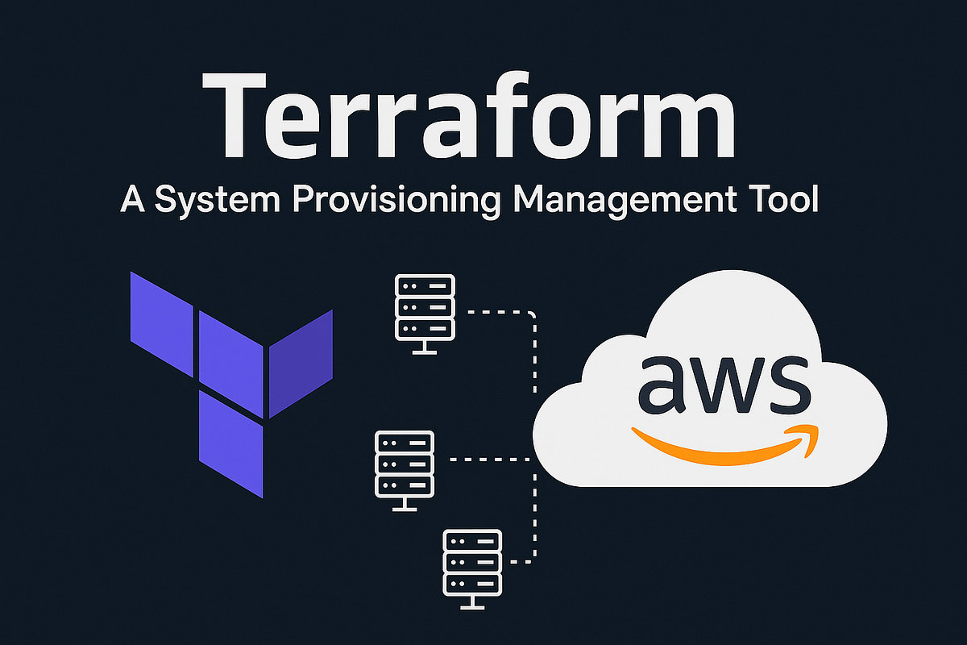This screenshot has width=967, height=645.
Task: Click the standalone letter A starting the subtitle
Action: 131,199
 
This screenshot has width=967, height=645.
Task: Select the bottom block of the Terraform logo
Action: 231,443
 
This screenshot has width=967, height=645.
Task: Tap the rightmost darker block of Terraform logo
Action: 301,363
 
